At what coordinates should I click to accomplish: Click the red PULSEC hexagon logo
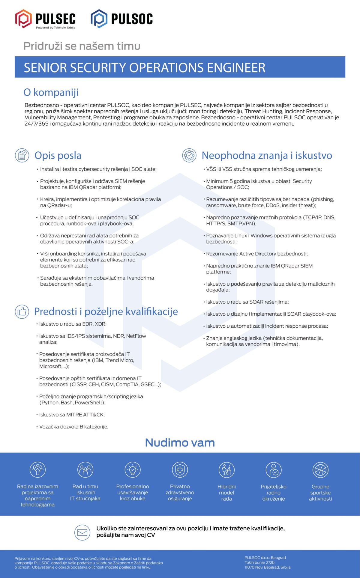click(23, 19)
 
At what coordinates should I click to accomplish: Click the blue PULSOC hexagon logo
click(99, 19)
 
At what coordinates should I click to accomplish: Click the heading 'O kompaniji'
click(51, 92)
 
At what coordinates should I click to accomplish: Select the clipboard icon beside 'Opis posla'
click(22, 155)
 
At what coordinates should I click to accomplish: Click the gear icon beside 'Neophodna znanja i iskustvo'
click(189, 155)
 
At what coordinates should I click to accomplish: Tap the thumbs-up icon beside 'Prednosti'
click(22, 312)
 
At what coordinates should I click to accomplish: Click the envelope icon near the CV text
click(82, 532)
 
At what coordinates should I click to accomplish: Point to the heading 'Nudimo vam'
click(180, 442)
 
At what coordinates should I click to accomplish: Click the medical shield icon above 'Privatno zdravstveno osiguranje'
click(180, 470)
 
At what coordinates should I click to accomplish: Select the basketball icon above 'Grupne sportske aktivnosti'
click(320, 470)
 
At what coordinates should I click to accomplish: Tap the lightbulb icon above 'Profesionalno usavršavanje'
click(133, 470)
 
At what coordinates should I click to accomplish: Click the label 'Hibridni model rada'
click(226, 493)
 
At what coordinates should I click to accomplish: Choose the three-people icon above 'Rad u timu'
click(85, 470)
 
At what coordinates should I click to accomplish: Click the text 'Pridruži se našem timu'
click(82, 46)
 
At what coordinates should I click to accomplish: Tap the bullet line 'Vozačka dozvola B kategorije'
click(73, 427)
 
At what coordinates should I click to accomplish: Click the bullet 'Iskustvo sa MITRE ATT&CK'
click(72, 415)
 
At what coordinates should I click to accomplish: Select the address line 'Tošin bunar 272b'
click(259, 562)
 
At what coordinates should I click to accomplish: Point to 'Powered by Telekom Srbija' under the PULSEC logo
click(55, 28)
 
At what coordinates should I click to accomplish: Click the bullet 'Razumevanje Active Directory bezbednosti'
click(257, 254)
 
